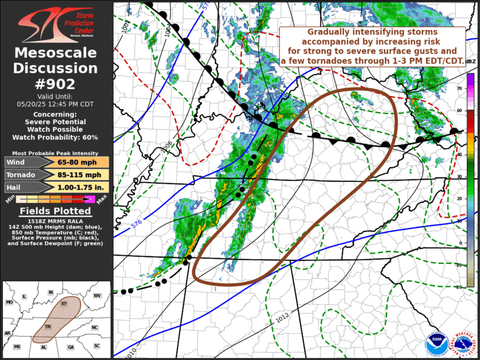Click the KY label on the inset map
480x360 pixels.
pos(64,303)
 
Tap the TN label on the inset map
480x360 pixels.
pos(48,327)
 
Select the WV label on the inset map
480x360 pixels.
pos(97,295)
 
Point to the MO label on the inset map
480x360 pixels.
pos(9,302)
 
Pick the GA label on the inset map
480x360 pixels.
pos(71,347)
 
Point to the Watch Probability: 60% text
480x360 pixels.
pos(57,137)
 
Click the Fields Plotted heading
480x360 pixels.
pos(57,211)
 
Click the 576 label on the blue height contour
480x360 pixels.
pos(137,223)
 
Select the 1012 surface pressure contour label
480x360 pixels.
pos(283,318)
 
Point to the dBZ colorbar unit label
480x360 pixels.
pos(471,61)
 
